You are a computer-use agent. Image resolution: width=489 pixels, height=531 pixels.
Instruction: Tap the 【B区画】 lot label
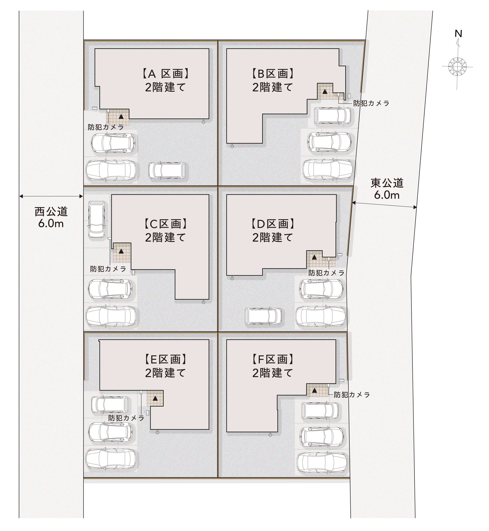pyautogui.click(x=273, y=74)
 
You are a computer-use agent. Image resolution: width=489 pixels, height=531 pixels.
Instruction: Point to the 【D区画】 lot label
pyautogui.click(x=273, y=224)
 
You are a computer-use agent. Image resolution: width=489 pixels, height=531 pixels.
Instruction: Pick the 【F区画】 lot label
pyautogui.click(x=273, y=359)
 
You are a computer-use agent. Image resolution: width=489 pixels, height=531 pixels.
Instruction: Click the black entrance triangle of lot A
pyautogui.click(x=121, y=116)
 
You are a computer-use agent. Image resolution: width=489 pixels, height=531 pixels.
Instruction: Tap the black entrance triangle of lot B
pyautogui.click(x=325, y=92)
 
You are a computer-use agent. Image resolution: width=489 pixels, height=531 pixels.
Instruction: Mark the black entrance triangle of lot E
pyautogui.click(x=155, y=398)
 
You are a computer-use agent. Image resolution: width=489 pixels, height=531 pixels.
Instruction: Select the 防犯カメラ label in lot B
pyautogui.click(x=371, y=103)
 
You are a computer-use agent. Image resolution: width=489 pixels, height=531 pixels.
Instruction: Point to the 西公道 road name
pyautogui.click(x=51, y=212)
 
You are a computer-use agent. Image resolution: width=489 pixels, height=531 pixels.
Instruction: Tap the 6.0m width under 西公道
pyautogui.click(x=51, y=224)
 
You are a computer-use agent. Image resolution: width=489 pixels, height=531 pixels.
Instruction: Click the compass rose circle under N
pyautogui.click(x=458, y=66)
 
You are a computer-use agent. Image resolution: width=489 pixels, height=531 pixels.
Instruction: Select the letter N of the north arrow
pyautogui.click(x=458, y=34)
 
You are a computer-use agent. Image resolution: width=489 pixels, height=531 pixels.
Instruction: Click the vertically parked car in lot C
pyautogui.click(x=97, y=219)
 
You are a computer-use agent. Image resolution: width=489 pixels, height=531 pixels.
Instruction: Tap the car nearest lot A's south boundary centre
pyautogui.click(x=167, y=170)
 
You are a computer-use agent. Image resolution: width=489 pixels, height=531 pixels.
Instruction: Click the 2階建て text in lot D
pyautogui.click(x=273, y=237)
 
